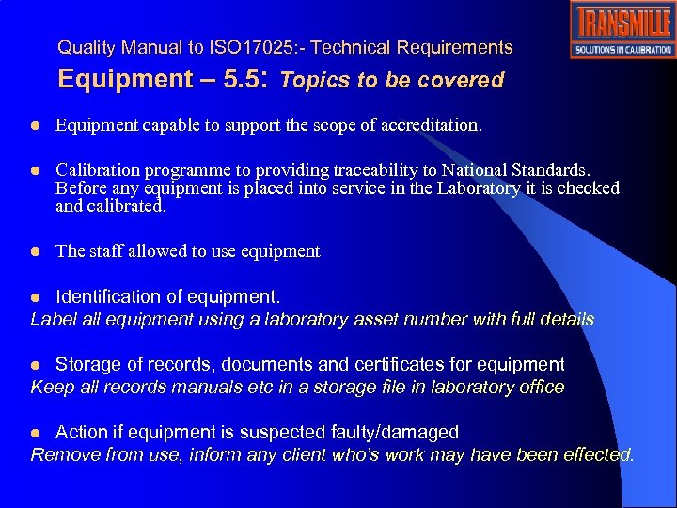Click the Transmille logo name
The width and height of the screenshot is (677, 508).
click(622, 23)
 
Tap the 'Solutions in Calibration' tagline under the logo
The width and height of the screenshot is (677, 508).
click(622, 50)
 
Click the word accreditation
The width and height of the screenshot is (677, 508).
click(430, 124)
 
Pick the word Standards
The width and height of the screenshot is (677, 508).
click(553, 170)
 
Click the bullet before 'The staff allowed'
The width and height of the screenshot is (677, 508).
click(35, 252)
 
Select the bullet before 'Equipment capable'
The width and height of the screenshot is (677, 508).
click(35, 125)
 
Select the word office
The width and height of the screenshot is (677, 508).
click(539, 387)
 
